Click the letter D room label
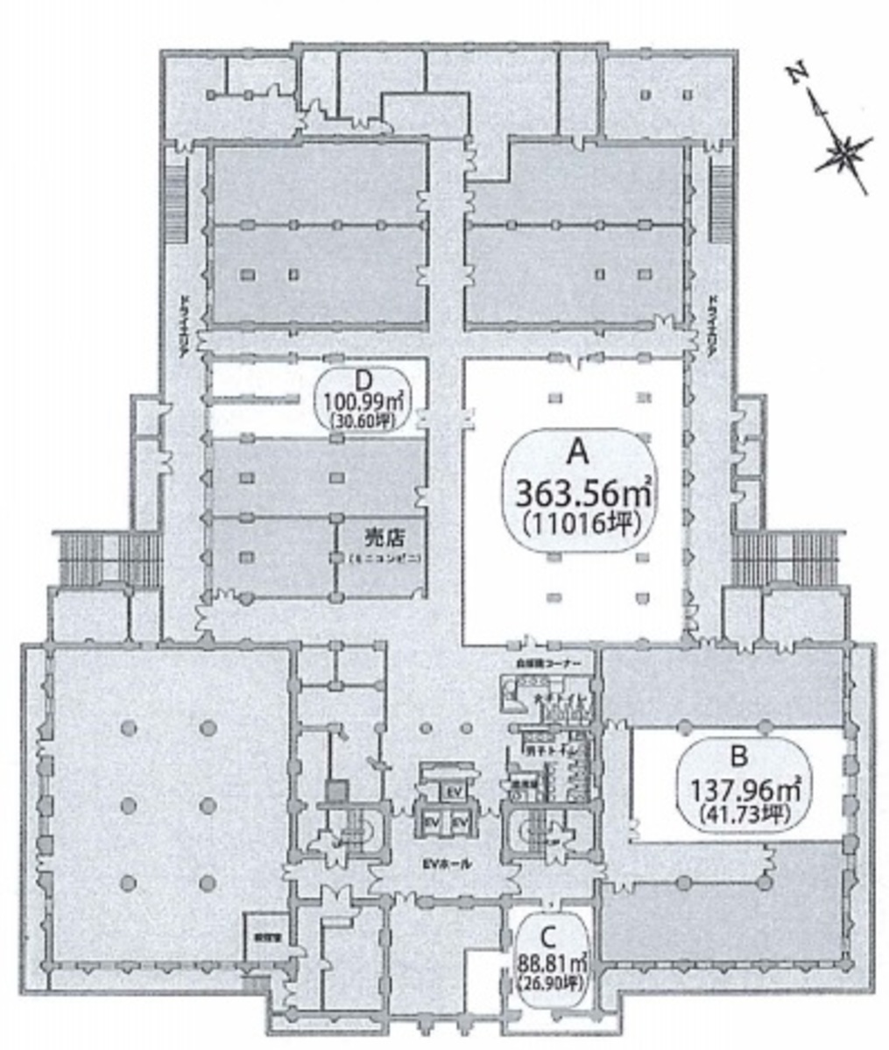364,379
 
